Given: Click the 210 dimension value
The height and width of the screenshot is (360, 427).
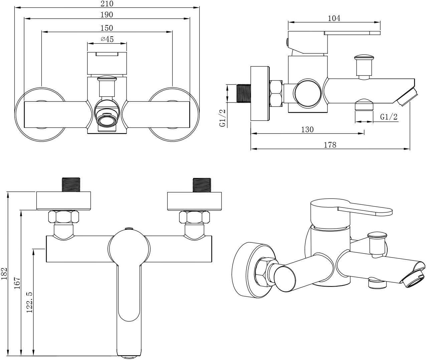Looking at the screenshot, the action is coord(107,3).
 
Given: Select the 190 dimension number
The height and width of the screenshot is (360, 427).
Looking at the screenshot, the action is coord(107,15).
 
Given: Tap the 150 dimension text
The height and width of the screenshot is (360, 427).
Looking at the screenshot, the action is coord(107,28).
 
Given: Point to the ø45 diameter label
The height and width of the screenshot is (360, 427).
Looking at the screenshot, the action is coord(107,39).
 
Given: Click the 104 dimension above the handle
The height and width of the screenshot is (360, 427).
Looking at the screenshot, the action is coord(334,18).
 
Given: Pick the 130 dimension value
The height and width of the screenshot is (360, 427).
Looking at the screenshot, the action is coord(307,130).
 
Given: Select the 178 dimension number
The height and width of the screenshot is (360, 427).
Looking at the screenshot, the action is coord(330,145).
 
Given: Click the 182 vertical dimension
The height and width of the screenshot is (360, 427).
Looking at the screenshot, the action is coord(4,274).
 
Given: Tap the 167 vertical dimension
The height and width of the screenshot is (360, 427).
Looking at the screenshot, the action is coord(17,283).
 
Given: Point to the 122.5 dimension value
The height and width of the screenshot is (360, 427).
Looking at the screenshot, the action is coord(29,302).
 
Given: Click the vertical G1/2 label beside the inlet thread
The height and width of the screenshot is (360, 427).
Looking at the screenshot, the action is coord(222,118).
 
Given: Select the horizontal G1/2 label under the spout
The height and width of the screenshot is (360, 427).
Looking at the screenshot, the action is coord(389,117).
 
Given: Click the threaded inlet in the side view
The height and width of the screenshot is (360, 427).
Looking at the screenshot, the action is coord(244,93).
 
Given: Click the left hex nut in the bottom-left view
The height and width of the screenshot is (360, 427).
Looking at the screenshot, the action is coord(64,217).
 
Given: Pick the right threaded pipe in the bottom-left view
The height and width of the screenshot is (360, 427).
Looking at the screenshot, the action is coord(202,185).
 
